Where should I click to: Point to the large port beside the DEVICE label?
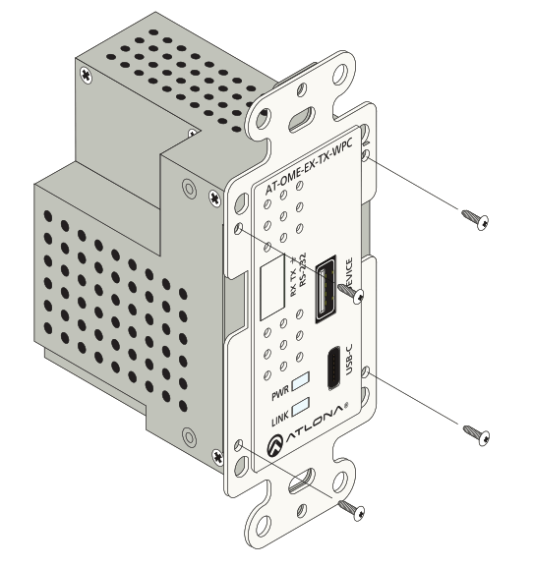click(326, 290)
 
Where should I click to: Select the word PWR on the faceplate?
click(279, 394)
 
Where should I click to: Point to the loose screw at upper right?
click(477, 218)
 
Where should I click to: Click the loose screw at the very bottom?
click(351, 509)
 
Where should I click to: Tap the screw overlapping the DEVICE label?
click(353, 292)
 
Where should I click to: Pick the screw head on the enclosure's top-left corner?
click(88, 74)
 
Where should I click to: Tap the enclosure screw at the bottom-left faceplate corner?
click(216, 454)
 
